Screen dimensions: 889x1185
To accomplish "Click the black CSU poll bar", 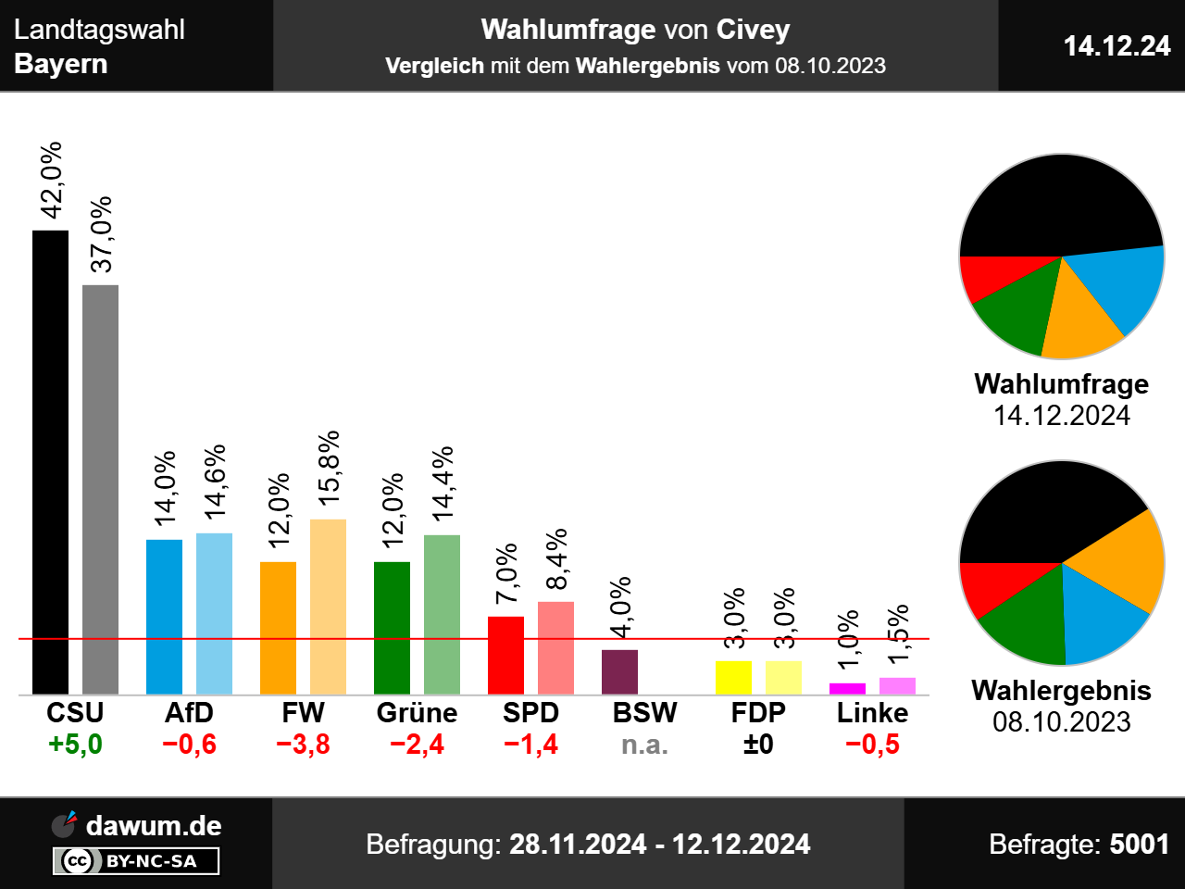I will [50, 463].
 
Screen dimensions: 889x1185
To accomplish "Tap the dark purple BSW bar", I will [619, 672].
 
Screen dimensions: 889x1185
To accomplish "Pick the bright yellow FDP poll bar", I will [733, 678].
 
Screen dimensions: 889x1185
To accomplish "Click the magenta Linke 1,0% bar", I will [847, 689].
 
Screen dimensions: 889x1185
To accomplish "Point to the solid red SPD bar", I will [505, 656].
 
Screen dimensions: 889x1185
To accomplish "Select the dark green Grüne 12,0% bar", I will [392, 628].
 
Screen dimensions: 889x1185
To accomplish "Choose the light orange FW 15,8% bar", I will [328, 607].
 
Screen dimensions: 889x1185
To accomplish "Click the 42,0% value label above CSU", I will [52, 180].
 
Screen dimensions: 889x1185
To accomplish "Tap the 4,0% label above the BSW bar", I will [620, 607].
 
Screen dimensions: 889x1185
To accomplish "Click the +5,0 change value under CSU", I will [75, 745].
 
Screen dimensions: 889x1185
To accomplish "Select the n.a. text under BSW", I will [644, 745].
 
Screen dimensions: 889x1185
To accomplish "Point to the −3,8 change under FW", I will [303, 745].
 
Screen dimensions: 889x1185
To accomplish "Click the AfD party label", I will [189, 713].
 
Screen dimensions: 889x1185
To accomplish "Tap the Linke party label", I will [872, 713].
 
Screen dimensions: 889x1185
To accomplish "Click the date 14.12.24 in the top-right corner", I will [1116, 46].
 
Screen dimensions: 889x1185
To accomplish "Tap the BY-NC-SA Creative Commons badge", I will [136, 861].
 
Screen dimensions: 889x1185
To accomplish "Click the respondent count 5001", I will [1139, 845].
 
